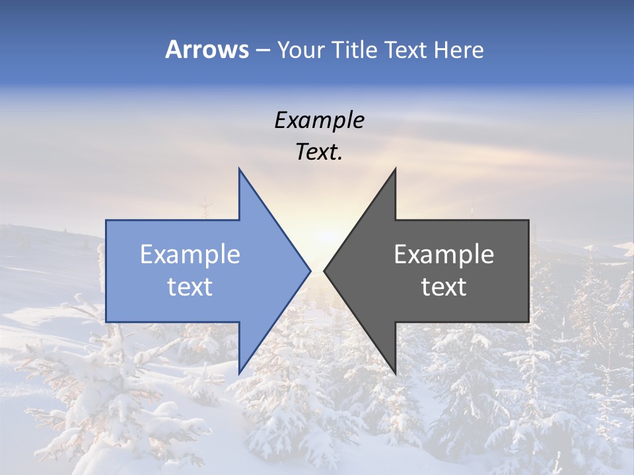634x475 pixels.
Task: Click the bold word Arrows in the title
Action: tap(207, 49)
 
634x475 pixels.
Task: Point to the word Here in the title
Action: tap(458, 49)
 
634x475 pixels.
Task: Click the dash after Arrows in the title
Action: tap(262, 50)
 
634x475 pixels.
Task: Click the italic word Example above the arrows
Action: tap(320, 120)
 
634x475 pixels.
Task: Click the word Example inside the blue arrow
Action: tap(190, 254)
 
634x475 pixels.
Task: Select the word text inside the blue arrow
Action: tap(190, 287)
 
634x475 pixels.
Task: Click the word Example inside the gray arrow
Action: tap(444, 254)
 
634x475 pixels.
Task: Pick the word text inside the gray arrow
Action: tap(444, 287)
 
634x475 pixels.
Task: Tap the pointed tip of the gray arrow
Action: tap(325, 270)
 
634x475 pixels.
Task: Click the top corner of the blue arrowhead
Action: tap(239, 170)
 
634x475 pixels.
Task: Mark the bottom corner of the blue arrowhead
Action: tap(239, 373)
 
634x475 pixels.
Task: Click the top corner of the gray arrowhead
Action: tap(395, 170)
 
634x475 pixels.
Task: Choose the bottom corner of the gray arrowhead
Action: tap(395, 373)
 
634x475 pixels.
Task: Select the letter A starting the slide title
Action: tap(173, 49)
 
